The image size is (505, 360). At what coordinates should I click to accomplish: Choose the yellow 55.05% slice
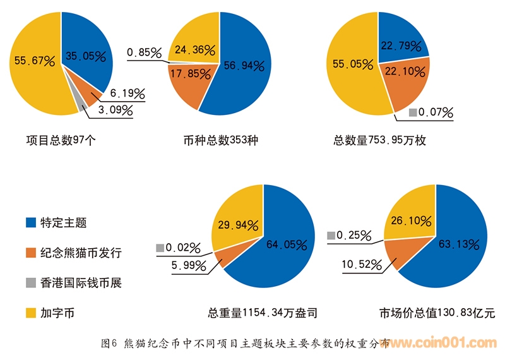pos(350,63)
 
